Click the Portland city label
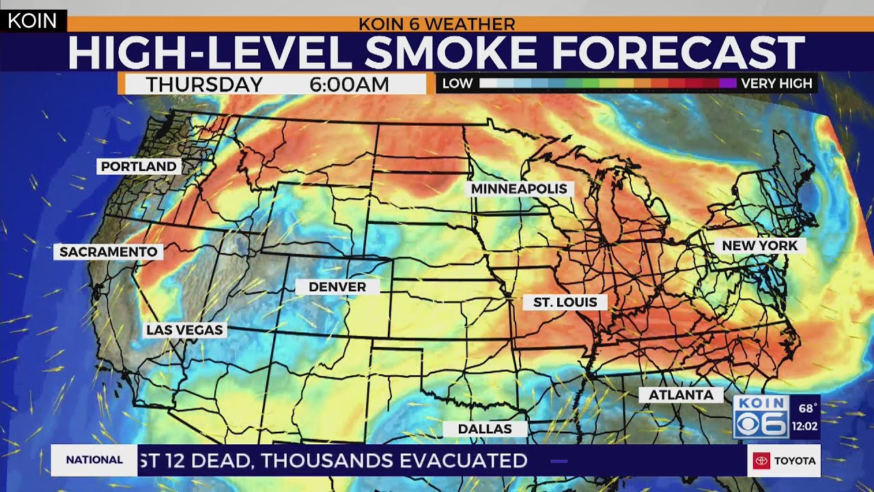139,166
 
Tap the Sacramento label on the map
109,252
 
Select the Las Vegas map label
184,330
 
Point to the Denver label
337,287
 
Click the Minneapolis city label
519,189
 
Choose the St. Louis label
565,302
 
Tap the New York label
759,245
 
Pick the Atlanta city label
681,395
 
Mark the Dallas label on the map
485,429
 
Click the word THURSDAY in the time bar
204,85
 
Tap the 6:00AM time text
349,85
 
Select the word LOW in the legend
457,84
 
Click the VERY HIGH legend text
776,84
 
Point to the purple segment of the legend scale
728,83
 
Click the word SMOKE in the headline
451,52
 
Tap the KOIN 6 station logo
761,416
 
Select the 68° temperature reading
807,409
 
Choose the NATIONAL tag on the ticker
94,460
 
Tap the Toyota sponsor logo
784,461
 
